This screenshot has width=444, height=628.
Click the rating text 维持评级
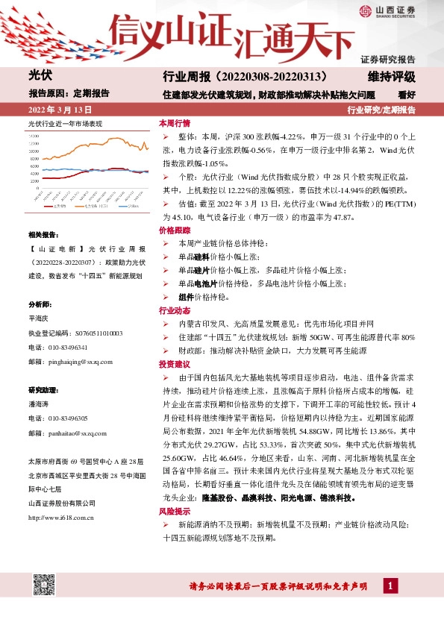[x=391, y=77]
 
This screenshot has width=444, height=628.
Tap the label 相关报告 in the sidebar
[x=42, y=233]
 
